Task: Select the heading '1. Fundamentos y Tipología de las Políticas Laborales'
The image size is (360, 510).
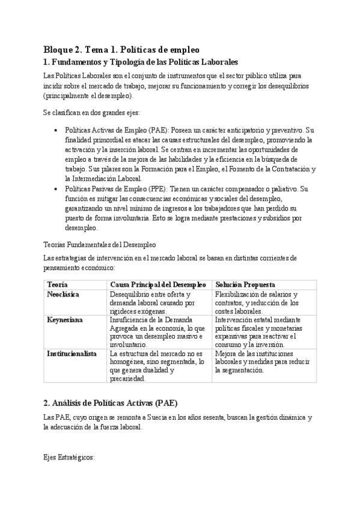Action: click(x=141, y=62)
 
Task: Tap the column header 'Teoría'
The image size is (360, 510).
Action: click(x=57, y=284)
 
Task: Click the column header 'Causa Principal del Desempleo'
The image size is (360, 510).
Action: click(x=158, y=284)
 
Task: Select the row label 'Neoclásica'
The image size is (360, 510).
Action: click(x=63, y=294)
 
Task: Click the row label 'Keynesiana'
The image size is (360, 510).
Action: click(x=64, y=320)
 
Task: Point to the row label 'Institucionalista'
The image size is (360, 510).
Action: click(x=72, y=354)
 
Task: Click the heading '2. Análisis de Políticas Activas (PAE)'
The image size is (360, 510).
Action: click(x=111, y=402)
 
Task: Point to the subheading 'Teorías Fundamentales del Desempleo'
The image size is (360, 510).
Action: click(x=100, y=245)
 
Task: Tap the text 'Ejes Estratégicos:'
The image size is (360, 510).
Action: click(x=69, y=458)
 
